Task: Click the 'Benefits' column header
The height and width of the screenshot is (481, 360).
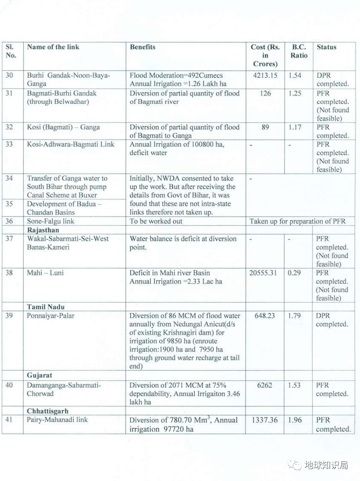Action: pyautogui.click(x=143, y=47)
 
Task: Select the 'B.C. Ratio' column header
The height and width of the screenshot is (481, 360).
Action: pyautogui.click(x=299, y=51)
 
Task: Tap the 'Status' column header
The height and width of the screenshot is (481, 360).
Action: pyautogui.click(x=326, y=47)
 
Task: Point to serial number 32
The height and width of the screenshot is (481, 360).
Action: pyautogui.click(x=9, y=127)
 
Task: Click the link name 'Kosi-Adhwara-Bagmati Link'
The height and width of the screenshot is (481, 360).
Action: pyautogui.click(x=70, y=144)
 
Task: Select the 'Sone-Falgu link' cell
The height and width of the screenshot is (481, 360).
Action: pyautogui.click(x=51, y=221)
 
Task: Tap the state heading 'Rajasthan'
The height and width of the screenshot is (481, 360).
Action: pyautogui.click(x=43, y=230)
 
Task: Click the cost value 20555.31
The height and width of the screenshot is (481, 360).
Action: pyautogui.click(x=265, y=273)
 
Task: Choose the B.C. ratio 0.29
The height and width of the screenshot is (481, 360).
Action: pyautogui.click(x=295, y=273)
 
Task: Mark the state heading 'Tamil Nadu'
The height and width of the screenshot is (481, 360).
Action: pyautogui.click(x=45, y=307)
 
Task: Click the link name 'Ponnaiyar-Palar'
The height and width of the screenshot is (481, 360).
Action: pyautogui.click(x=51, y=316)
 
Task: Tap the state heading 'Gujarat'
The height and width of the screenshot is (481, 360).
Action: pyautogui.click(x=40, y=376)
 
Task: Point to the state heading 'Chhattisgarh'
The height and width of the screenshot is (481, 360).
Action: pyautogui.click(x=48, y=411)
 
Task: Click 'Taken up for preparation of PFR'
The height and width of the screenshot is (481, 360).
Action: pyautogui.click(x=298, y=221)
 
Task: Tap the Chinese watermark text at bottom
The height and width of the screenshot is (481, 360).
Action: pyautogui.click(x=326, y=465)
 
